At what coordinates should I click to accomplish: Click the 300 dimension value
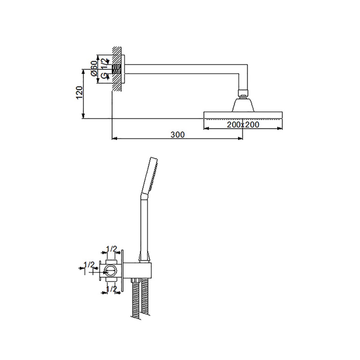pos(178,134)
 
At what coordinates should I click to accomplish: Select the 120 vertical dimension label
pos(79,93)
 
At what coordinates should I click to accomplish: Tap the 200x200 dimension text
pos(243,124)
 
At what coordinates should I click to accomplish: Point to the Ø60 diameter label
pos(94,68)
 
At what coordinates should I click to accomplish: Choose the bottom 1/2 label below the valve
pos(112,289)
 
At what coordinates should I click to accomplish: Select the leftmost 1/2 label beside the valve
pos(89,264)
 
